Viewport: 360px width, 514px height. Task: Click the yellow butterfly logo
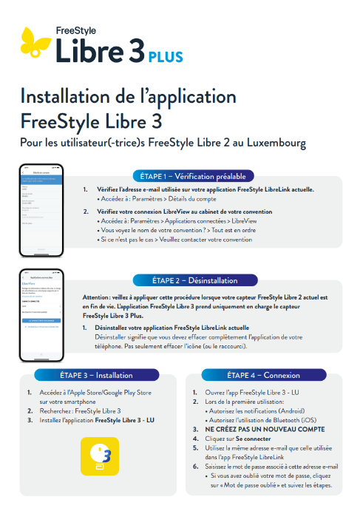pyautogui.click(x=35, y=42)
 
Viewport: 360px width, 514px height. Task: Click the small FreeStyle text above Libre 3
pyautogui.click(x=75, y=30)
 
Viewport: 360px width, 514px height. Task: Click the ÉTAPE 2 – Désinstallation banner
pyautogui.click(x=194, y=280)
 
